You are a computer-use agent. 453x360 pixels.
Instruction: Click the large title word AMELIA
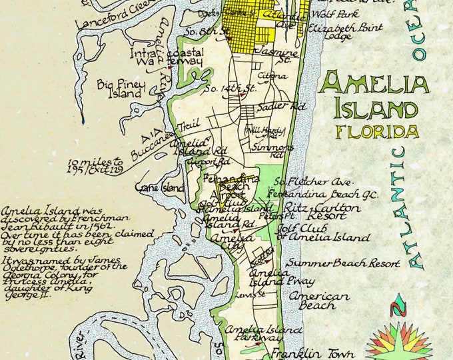coord(373,85)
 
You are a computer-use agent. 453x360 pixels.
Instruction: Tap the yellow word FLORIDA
coord(378,131)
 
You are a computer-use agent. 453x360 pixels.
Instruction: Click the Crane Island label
coord(160,189)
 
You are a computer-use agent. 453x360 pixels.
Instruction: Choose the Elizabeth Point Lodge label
coord(354,32)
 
